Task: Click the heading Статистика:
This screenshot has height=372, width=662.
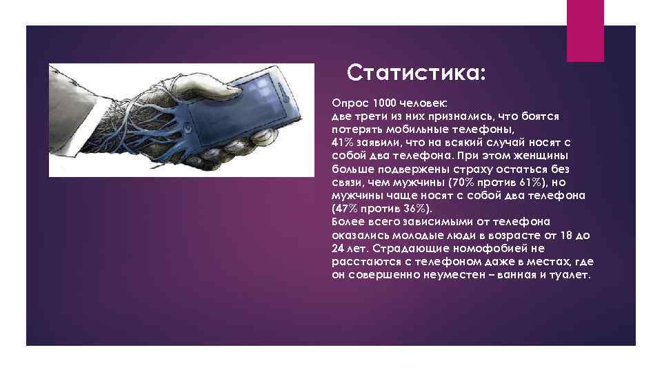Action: [417, 72]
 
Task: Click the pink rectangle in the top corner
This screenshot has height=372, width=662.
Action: [585, 30]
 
